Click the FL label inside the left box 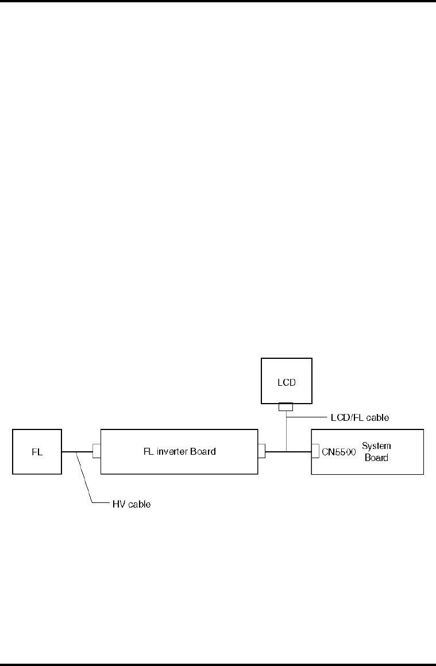pyautogui.click(x=37, y=451)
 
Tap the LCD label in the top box pyautogui.click(x=287, y=381)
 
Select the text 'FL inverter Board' pyautogui.click(x=180, y=451)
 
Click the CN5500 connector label pyautogui.click(x=338, y=451)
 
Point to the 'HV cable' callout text pyautogui.click(x=131, y=505)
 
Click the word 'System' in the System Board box pyautogui.click(x=376, y=446)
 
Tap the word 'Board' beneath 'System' pyautogui.click(x=376, y=458)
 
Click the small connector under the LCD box pyautogui.click(x=285, y=407)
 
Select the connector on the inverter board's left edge pyautogui.click(x=97, y=451)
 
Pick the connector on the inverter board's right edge pyautogui.click(x=262, y=451)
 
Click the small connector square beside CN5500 pyautogui.click(x=315, y=451)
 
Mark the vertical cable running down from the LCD pyautogui.click(x=285, y=431)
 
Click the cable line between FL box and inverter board pyautogui.click(x=77, y=451)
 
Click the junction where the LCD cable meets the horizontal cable pyautogui.click(x=285, y=451)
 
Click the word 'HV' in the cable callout pyautogui.click(x=118, y=505)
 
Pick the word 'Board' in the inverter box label pyautogui.click(x=203, y=451)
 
